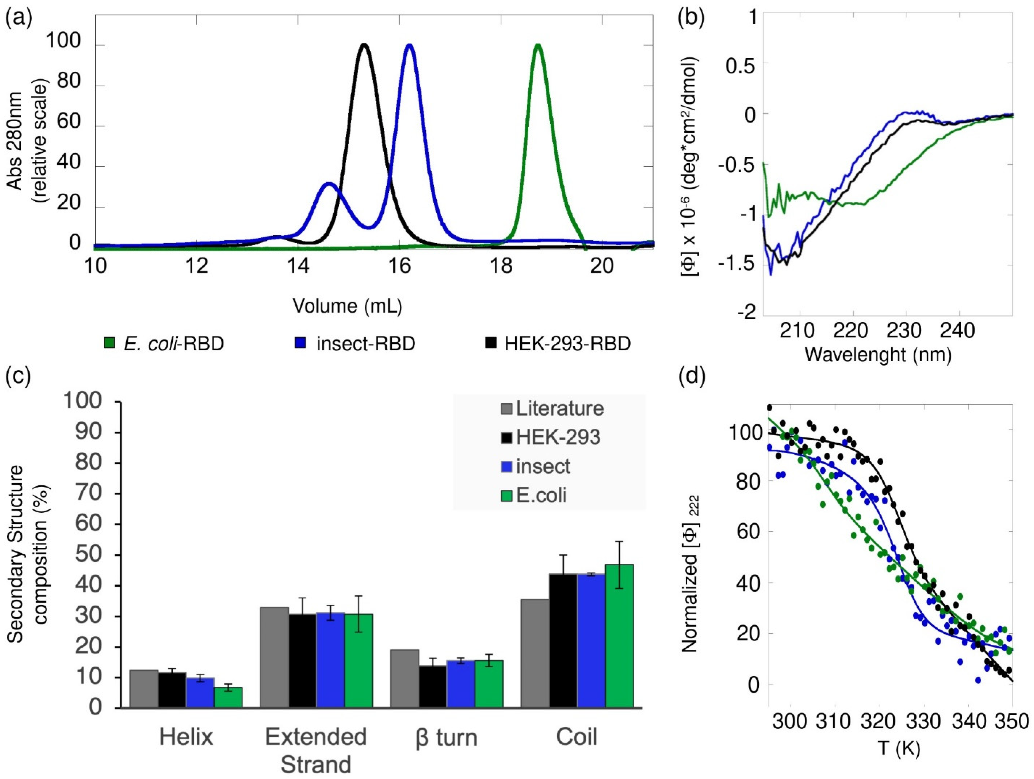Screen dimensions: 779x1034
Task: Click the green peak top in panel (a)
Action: click(538, 45)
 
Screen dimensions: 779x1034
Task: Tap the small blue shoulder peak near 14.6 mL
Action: click(329, 183)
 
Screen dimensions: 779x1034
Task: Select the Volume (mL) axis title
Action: click(347, 306)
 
